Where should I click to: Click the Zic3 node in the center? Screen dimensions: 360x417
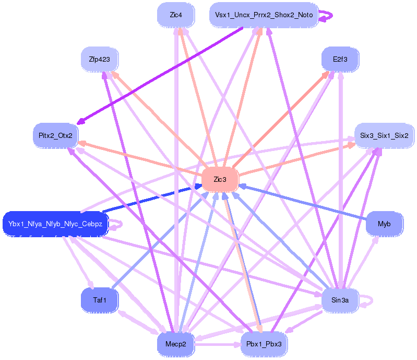click(x=220, y=180)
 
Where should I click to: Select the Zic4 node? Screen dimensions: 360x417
click(x=176, y=15)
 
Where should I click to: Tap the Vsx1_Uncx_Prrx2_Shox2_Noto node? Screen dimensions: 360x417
click(x=264, y=15)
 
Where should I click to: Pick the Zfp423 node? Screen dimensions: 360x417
click(x=99, y=60)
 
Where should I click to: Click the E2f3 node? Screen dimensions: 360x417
click(x=340, y=60)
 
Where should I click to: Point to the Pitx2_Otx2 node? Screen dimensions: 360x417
click(x=55, y=136)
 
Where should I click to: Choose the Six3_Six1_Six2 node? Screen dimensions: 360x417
click(x=384, y=136)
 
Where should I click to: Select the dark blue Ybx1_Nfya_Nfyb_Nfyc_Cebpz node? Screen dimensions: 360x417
click(x=55, y=224)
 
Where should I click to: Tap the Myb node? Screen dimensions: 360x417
click(x=384, y=224)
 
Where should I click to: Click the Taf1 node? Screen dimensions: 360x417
click(x=99, y=300)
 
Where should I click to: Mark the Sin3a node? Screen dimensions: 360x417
click(x=340, y=300)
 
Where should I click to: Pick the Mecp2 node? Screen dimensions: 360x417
click(x=176, y=344)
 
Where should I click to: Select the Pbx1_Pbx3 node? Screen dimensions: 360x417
click(x=264, y=344)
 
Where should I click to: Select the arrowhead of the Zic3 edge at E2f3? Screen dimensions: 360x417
click(x=330, y=73)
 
